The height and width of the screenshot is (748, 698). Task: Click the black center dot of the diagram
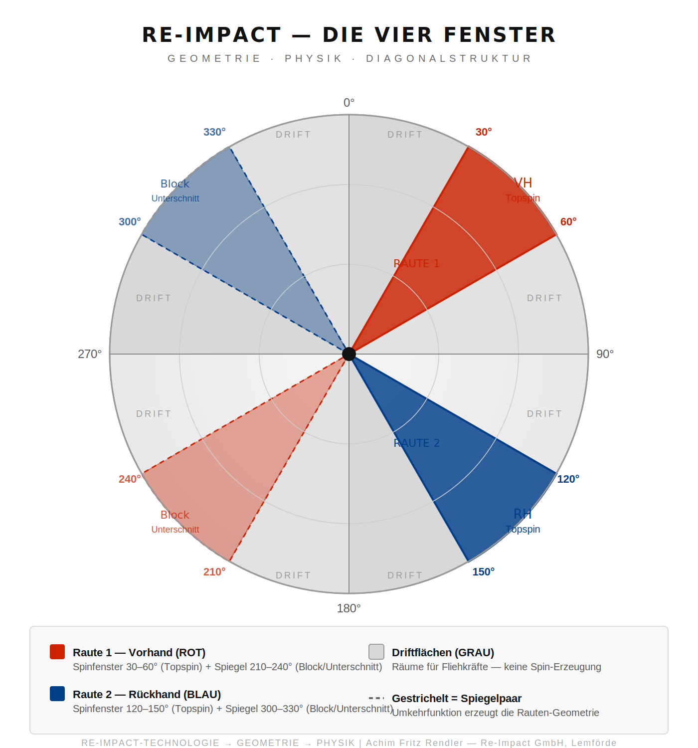[x=349, y=354]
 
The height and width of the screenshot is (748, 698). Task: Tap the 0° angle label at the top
[x=349, y=103]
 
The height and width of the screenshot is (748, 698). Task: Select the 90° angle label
[x=605, y=354]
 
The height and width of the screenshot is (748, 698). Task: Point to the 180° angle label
[x=349, y=608]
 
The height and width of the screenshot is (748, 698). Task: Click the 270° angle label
[x=90, y=354]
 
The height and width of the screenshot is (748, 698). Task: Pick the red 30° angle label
[x=484, y=132]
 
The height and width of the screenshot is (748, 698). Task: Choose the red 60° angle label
[x=568, y=222]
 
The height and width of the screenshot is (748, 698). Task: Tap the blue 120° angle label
[x=568, y=479]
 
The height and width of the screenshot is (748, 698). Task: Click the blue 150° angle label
[x=484, y=572]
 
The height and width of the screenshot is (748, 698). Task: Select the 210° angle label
[x=214, y=572]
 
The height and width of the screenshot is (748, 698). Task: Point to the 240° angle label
[x=130, y=479]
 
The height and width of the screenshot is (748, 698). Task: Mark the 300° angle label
[x=130, y=222]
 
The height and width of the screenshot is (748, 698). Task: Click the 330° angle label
[x=214, y=132]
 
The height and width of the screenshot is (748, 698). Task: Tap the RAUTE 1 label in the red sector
[x=416, y=263]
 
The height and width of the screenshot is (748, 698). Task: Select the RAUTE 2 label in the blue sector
[x=416, y=443]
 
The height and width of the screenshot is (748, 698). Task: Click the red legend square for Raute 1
[x=57, y=652]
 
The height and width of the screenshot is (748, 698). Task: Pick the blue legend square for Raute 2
[x=57, y=694]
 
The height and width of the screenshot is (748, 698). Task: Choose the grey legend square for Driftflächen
[x=376, y=652]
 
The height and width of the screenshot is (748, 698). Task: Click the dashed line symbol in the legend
[x=376, y=698]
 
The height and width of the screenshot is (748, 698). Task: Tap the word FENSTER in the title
[x=500, y=35]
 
